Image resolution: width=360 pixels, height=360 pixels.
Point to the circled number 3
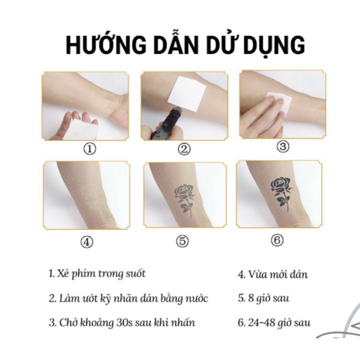282,146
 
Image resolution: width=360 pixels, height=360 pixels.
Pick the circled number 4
87,242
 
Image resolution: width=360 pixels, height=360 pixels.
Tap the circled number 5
183,241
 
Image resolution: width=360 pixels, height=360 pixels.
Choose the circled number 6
277,240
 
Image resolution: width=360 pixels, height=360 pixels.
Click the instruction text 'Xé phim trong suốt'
97,274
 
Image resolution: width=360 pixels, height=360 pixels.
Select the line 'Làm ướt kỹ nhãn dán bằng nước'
128,298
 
